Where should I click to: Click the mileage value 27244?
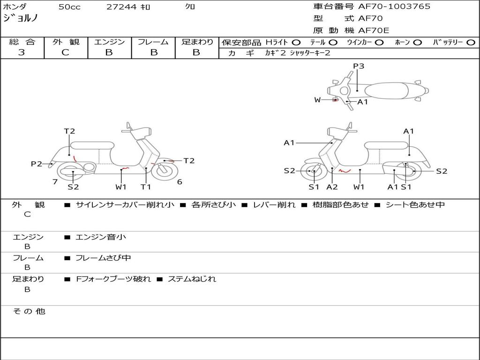pyautogui.click(x=121, y=7)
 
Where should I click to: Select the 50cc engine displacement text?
pyautogui.click(x=68, y=7)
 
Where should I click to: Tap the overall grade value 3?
pyautogui.click(x=22, y=52)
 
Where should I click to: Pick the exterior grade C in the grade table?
pyautogui.click(x=65, y=52)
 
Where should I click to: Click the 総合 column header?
pyautogui.click(x=22, y=42)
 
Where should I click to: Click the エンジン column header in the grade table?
pyautogui.click(x=109, y=42)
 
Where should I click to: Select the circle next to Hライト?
pyautogui.click(x=296, y=43)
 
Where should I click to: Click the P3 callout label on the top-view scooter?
pyautogui.click(x=359, y=66)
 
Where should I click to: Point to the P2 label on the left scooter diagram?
pyautogui.click(x=37, y=164)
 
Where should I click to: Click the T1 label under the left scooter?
pyautogui.click(x=146, y=187)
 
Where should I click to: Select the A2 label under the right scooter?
pyautogui.click(x=332, y=187)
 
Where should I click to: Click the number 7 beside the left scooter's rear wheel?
pyautogui.click(x=55, y=182)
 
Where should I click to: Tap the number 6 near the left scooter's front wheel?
pyautogui.click(x=180, y=182)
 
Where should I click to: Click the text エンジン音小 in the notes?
pyautogui.click(x=101, y=237)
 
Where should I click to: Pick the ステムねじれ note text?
pyautogui.click(x=192, y=279)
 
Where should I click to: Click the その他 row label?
pyautogui.click(x=29, y=311)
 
